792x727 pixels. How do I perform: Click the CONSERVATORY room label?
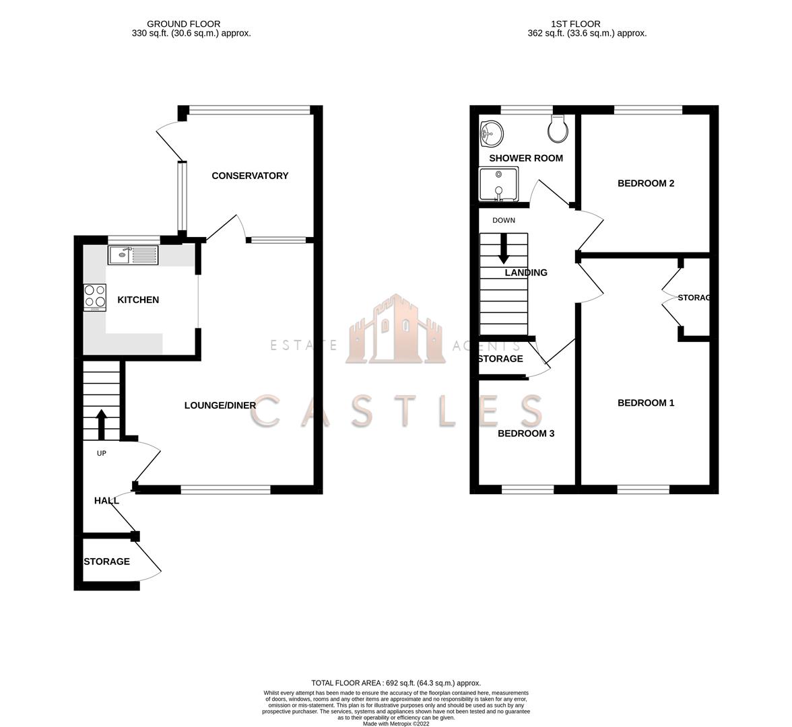point(250,176)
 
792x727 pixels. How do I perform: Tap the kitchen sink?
point(133,255)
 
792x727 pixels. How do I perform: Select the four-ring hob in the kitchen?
point(95,298)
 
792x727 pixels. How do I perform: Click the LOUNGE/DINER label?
point(220,405)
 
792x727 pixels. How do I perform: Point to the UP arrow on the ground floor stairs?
point(102,424)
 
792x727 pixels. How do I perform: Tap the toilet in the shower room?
point(558,127)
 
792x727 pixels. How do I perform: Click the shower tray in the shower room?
point(498,184)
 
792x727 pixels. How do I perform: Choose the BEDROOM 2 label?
point(646,183)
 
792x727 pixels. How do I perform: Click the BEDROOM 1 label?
point(646,403)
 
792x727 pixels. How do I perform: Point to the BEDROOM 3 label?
point(527,434)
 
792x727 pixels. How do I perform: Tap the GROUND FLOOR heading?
point(184,24)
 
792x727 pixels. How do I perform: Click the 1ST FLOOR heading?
point(576,24)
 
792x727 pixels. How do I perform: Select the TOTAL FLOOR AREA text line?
point(396,683)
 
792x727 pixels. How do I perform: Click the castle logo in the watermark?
point(396,329)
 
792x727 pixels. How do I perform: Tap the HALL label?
point(106,501)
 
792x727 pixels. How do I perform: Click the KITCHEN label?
point(139,300)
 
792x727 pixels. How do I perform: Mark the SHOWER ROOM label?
point(527,158)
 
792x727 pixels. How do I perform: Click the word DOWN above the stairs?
point(504,220)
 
